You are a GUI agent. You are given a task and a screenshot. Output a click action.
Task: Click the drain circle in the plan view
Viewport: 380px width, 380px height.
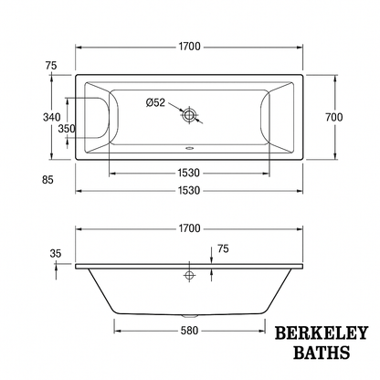(x=189, y=116)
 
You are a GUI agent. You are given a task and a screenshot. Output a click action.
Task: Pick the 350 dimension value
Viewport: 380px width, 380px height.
(x=67, y=129)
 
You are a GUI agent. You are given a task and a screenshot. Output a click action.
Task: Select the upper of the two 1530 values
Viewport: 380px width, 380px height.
(x=189, y=172)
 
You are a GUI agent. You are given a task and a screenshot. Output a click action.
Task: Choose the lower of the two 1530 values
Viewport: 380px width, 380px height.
(x=189, y=190)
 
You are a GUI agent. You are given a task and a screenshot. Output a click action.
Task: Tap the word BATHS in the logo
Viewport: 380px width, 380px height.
(x=319, y=353)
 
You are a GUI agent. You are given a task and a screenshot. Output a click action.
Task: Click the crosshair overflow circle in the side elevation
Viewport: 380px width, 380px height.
(x=189, y=274)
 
